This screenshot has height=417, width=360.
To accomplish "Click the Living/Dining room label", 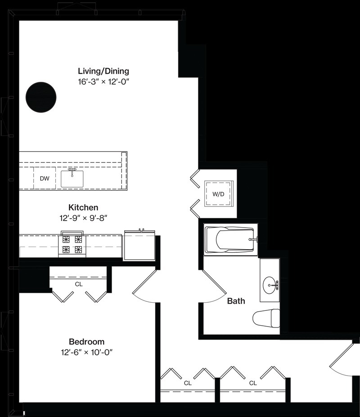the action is tap(103, 71).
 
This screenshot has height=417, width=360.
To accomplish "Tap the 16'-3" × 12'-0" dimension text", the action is tap(103, 81).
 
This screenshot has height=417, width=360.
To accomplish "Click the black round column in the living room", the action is tap(41, 97).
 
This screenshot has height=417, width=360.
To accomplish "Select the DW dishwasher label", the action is tap(45, 179).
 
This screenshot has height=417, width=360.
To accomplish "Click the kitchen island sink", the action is tap(72, 179).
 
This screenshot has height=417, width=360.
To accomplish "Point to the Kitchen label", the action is tap(83, 207).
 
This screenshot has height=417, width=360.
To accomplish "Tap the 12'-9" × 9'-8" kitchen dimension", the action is tap(83, 218).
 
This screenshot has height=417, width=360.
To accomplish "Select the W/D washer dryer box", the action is tap(218, 193).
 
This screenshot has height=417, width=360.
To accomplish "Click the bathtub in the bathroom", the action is tap(230, 240).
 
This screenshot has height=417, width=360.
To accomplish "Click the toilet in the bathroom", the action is tap(266, 318).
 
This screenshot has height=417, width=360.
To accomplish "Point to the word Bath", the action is tap(236, 301).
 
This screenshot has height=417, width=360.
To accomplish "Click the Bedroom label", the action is tap(87, 341).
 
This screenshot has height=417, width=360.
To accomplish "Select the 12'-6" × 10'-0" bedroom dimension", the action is tap(87, 352).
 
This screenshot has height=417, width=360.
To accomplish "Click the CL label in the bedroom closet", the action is tap(79, 284).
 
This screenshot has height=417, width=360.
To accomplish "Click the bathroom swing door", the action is tap(214, 284).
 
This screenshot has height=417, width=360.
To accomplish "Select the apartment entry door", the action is tap(342, 359).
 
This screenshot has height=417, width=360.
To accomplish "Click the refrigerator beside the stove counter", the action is tap(139, 245).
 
